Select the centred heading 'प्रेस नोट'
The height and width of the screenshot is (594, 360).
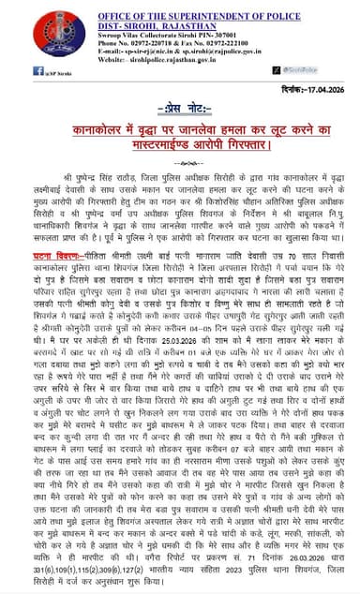179,110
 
